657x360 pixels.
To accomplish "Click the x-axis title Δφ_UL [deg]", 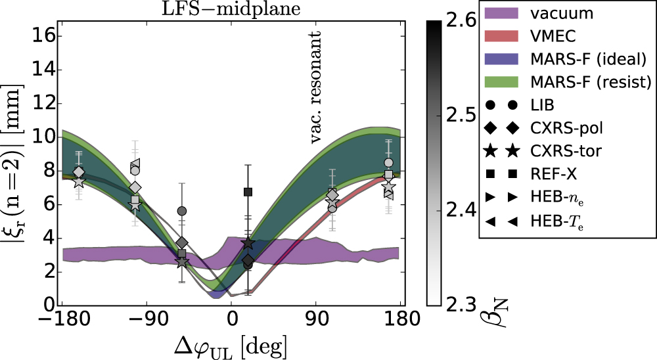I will [x=231, y=345].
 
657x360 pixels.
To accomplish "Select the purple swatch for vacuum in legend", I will [x=503, y=13].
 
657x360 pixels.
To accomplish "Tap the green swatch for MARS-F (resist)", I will [x=503, y=82].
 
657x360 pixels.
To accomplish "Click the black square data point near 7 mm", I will [x=248, y=192].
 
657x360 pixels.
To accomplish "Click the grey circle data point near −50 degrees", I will [x=182, y=211].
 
